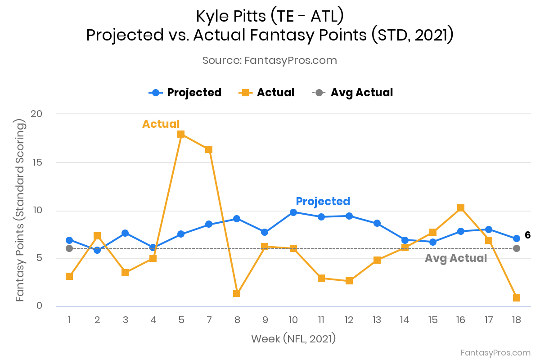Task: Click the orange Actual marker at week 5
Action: pos(181,134)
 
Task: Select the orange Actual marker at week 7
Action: pos(209,149)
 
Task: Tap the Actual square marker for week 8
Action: pos(237,293)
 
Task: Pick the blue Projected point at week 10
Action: pos(293,212)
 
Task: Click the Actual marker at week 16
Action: pos(461,208)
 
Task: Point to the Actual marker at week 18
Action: pos(517,298)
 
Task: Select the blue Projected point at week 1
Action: pos(69,240)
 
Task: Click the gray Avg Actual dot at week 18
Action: pos(517,248)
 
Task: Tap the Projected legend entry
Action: pos(185,93)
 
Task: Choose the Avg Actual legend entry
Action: pos(353,93)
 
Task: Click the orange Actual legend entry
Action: pos(267,93)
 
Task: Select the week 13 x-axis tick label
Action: pos(377,320)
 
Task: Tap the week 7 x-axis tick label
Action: pos(209,320)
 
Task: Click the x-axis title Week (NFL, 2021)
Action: pos(293,338)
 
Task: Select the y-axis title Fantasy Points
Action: pos(20,210)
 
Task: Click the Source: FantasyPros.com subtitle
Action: pos(270,60)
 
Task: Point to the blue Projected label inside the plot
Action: pos(323,202)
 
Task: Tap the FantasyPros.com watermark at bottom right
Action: pos(495,353)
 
